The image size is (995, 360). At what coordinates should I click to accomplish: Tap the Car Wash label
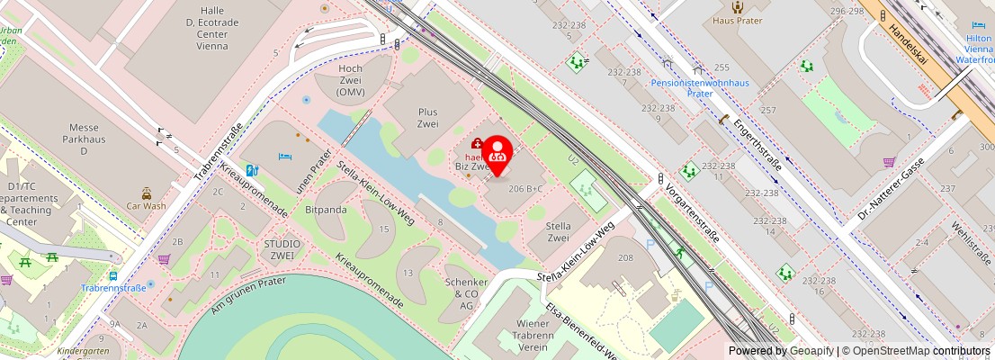pos(146,205)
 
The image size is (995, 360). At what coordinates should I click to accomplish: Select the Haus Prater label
pos(737,20)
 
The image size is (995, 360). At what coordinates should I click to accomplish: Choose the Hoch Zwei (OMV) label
pos(350,80)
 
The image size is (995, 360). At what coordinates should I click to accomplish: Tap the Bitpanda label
pos(326,210)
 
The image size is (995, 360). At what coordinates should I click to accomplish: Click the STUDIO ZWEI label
pos(282,249)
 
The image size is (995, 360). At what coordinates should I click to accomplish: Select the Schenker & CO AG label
pos(466,293)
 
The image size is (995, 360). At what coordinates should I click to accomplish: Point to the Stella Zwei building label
pos(559,231)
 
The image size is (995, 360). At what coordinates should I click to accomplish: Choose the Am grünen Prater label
pos(248,296)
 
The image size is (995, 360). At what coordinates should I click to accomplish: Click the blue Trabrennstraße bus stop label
pos(113,288)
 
